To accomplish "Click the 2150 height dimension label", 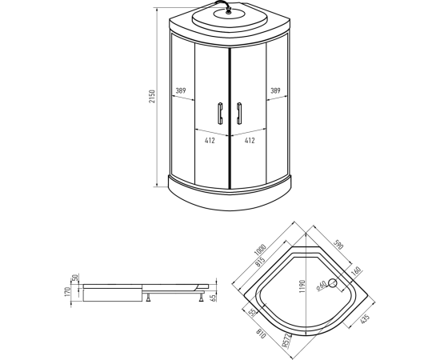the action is pyautogui.click(x=152, y=96).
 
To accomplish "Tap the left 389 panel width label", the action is pyautogui.click(x=181, y=90).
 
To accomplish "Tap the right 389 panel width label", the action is pyautogui.click(x=275, y=90).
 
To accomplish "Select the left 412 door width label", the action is pyautogui.click(x=210, y=140).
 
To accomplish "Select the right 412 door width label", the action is pyautogui.click(x=250, y=140).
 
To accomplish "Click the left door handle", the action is pyautogui.click(x=220, y=113).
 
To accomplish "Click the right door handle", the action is pyautogui.click(x=239, y=113).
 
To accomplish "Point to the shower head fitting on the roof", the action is pyautogui.click(x=229, y=12).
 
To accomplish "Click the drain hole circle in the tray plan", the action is pyautogui.click(x=333, y=283).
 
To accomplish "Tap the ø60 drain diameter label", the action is pyautogui.click(x=322, y=286).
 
